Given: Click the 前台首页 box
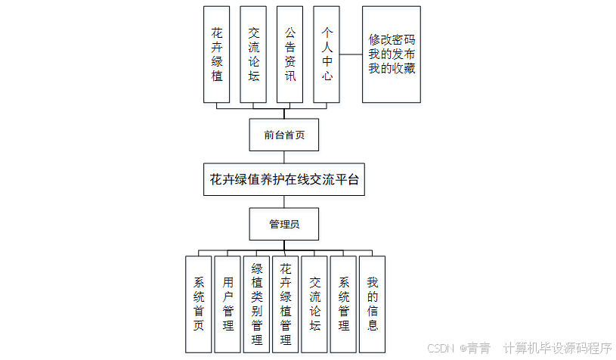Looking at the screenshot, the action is [284, 135].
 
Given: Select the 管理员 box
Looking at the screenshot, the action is [284, 224].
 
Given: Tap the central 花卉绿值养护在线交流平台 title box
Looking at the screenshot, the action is [284, 180].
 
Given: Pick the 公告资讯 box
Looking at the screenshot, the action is [289, 54].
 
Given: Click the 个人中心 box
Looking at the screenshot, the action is [327, 54].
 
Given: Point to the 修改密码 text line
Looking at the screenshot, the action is [392, 39].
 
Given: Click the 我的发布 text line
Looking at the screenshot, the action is [392, 54].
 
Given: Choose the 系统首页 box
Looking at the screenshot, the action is [198, 303].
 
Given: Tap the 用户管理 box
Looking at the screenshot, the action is [228, 303].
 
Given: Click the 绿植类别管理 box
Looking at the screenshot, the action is [257, 303].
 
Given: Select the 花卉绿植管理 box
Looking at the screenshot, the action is [286, 303].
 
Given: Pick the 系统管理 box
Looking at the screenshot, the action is [344, 303].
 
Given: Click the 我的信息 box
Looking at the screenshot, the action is [373, 303].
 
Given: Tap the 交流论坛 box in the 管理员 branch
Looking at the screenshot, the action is [315, 303].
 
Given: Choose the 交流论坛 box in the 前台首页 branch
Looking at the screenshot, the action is [253, 54].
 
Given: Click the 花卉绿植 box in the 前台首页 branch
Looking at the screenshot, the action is [217, 54].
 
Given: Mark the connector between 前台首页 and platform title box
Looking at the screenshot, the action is [284, 157].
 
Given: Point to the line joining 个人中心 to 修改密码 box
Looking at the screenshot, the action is [351, 54].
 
